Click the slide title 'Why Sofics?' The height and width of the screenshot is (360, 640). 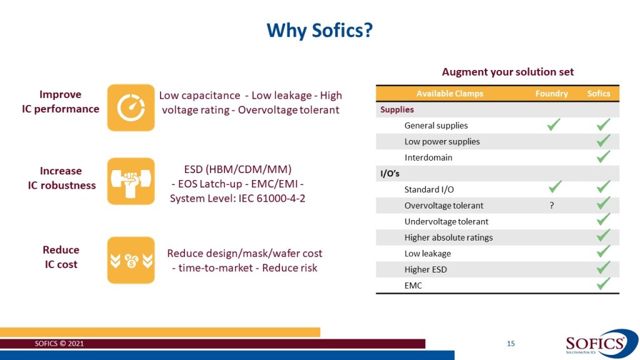click(319, 30)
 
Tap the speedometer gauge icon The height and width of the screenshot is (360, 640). click(131, 107)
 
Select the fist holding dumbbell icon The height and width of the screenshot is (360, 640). click(131, 181)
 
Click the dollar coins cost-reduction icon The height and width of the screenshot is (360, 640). click(131, 260)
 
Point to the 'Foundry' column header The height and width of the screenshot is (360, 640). click(551, 94)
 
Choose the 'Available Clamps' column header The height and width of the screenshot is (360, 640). click(449, 94)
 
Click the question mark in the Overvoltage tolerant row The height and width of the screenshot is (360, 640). click(552, 205)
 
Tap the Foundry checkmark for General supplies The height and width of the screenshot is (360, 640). click(553, 125)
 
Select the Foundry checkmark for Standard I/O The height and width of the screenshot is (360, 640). click(553, 186)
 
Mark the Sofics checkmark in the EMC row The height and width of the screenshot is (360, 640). click(603, 284)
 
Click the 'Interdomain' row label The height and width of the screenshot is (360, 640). click(428, 157)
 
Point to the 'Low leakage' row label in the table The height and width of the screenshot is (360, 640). click(427, 254)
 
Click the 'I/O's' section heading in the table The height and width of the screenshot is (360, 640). click(390, 174)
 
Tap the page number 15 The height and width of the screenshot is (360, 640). click(511, 344)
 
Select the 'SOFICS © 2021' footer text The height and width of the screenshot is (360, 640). click(59, 344)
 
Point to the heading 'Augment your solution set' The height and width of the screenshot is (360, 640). click(507, 72)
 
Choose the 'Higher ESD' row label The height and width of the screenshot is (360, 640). click(425, 269)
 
